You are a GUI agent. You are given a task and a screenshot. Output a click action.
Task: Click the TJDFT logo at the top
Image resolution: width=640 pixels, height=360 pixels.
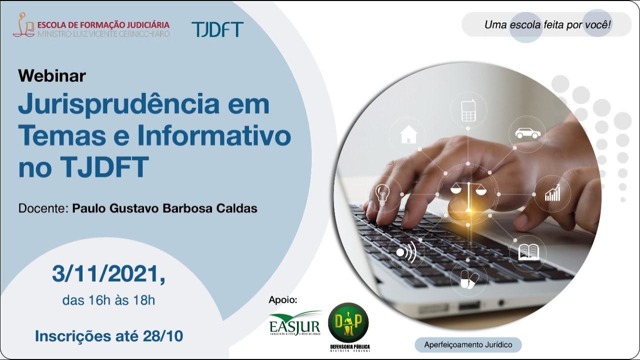pos(217,29)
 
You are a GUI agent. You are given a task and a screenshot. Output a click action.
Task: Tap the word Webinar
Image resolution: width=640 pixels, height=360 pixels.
pos(52,75)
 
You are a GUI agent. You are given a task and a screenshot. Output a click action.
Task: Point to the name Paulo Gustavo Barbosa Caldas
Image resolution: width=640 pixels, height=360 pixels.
pos(165,208)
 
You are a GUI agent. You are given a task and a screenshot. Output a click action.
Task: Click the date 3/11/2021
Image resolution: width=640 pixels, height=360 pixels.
pos(108,274)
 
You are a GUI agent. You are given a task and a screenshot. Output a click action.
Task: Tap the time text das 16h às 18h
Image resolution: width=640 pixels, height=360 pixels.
pos(108,300)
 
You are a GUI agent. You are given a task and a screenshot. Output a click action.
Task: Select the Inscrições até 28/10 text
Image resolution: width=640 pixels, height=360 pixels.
pos(108,336)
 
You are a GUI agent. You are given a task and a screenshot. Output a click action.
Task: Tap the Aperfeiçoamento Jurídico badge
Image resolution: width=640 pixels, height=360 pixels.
pos(468,344)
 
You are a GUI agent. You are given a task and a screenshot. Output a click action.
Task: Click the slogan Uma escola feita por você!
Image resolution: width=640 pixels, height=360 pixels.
pos(547,24)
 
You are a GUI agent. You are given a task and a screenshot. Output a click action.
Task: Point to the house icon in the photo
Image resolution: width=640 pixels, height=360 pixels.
pos(408,134)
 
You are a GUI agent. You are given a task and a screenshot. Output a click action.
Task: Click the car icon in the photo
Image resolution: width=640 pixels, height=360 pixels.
pos(527,133)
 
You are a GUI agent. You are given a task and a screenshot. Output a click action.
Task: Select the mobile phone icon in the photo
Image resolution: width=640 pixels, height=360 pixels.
pos(468,110)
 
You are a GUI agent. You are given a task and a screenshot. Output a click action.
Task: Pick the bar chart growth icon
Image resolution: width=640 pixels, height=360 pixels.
pos(552,193)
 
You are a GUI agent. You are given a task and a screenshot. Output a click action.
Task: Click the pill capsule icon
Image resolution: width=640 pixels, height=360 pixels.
pos(468,280)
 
